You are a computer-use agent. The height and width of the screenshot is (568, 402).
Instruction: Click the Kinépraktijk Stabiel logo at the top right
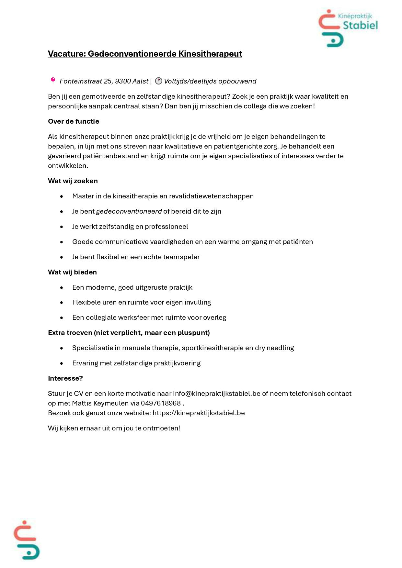[x=348, y=28]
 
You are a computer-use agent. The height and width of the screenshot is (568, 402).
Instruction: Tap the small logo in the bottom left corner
[x=26, y=540]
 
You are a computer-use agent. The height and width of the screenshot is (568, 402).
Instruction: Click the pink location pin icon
[x=53, y=81]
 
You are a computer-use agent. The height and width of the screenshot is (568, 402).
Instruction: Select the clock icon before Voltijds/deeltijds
[x=158, y=81]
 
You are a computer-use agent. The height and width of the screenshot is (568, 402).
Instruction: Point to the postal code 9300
[x=123, y=81]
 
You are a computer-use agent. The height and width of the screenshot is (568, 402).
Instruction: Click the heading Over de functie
[x=74, y=121]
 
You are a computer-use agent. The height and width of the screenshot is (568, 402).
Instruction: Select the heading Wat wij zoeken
[x=73, y=181]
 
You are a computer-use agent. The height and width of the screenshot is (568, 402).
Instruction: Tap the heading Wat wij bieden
[x=72, y=272]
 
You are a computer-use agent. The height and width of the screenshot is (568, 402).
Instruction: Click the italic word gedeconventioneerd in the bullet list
[x=129, y=211]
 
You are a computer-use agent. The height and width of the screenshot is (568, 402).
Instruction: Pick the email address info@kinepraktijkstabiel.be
[x=217, y=394]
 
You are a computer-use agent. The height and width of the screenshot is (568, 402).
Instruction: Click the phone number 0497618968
[x=161, y=403]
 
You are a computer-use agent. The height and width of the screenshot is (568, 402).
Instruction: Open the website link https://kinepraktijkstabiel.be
[x=199, y=413]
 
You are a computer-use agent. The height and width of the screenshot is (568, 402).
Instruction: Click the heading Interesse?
[x=65, y=378]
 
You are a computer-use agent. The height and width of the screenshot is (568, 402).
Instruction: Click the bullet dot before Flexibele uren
[x=62, y=303]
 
